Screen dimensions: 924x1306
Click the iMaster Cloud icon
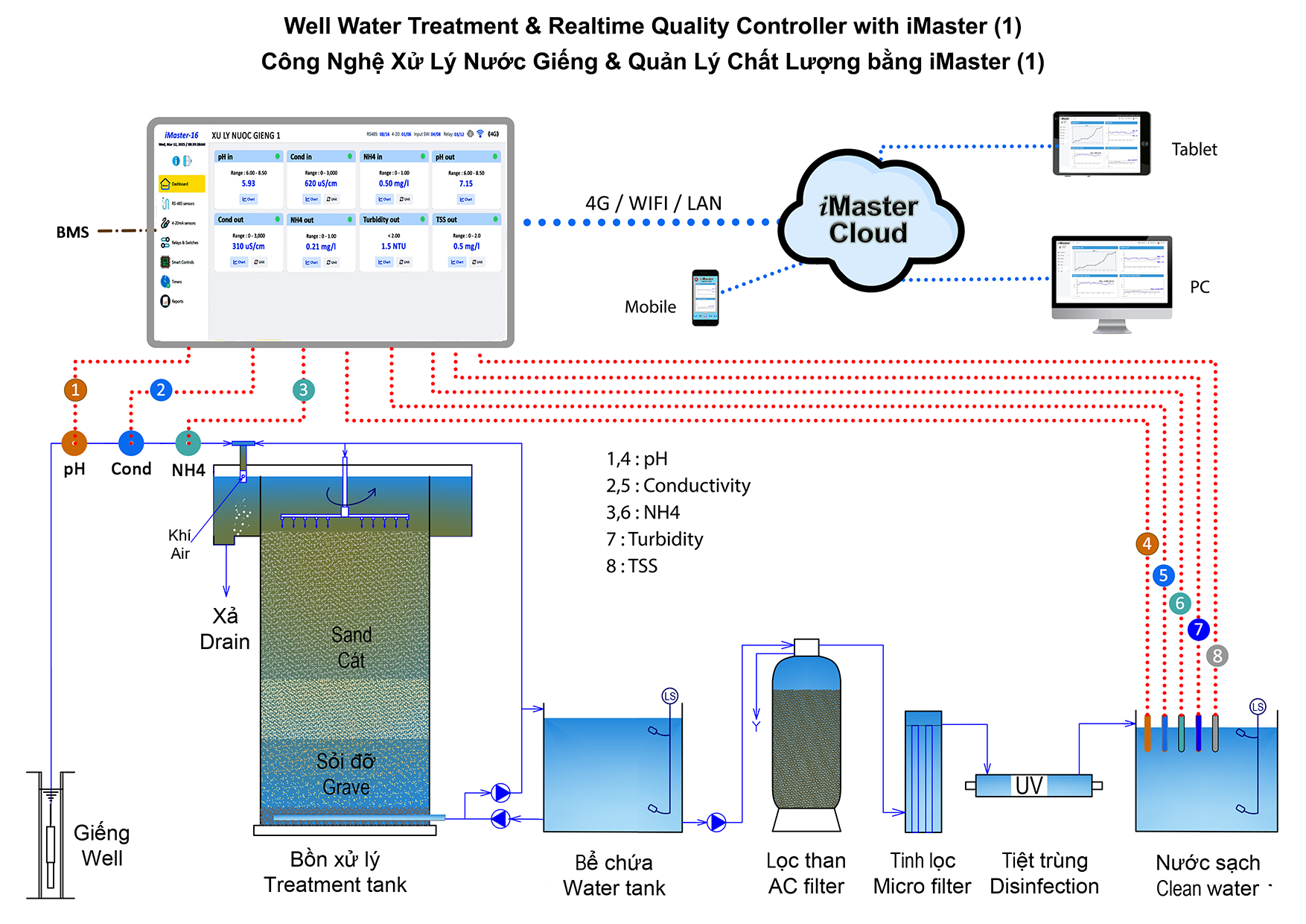[869, 220]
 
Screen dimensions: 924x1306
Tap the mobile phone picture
[705, 297]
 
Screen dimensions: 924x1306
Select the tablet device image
[1101, 144]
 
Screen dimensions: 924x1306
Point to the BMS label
[72, 232]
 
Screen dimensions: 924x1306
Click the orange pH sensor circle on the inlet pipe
[74, 443]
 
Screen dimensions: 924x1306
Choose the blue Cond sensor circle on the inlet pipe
[131, 443]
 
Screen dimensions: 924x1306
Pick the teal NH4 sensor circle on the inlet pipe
[188, 443]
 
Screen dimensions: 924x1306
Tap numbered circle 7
[1198, 630]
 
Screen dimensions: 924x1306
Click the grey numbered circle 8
[1217, 656]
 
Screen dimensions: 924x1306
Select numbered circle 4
[1147, 544]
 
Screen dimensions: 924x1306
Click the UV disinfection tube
[1033, 785]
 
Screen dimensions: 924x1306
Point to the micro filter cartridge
[923, 772]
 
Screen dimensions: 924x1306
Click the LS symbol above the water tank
[669, 696]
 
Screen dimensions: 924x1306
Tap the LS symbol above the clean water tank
[1258, 706]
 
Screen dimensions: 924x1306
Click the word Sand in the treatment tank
[351, 635]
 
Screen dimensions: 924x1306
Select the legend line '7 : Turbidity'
[654, 539]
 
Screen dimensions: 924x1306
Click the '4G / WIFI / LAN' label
[653, 203]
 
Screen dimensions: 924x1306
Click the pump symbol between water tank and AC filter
[716, 822]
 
